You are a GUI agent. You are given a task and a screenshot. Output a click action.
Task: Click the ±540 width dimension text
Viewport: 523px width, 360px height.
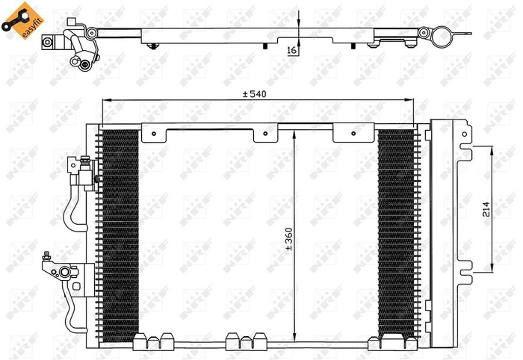coord(255,94)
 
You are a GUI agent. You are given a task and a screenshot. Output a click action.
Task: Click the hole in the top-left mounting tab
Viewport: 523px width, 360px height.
coord(154,136)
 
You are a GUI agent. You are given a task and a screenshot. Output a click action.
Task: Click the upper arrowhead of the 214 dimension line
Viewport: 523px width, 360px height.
coord(492,149)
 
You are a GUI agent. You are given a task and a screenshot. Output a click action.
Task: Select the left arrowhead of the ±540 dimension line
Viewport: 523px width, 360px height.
coord(105,100)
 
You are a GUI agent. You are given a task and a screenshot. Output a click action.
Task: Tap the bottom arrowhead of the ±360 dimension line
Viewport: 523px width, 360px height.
coord(297,338)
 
